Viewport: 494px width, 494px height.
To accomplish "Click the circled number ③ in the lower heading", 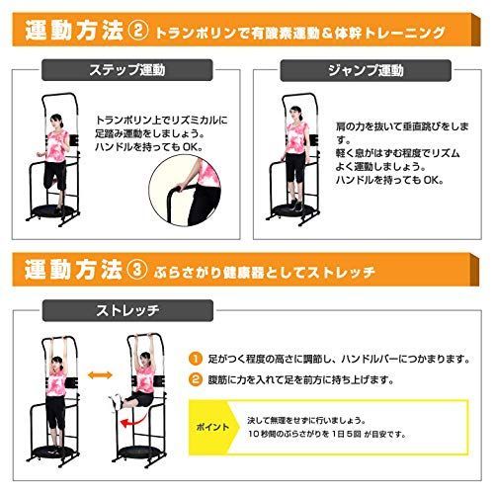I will (139, 269).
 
